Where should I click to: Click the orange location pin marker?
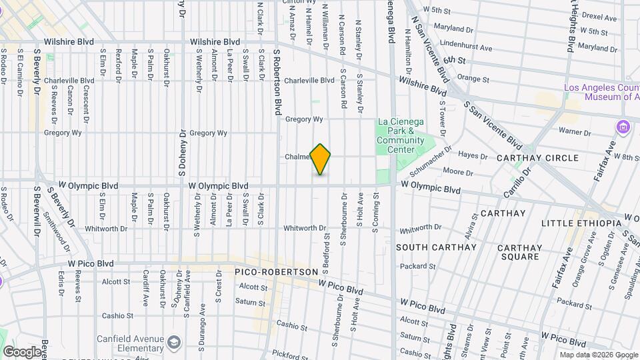pyautogui.click(x=321, y=159)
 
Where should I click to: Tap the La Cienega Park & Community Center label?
pyautogui.click(x=400, y=131)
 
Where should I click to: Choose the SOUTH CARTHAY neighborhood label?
pyautogui.click(x=436, y=247)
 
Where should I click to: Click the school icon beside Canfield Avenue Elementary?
pyautogui.click(x=174, y=341)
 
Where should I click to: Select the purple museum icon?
pyautogui.click(x=623, y=127)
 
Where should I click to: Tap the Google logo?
pyautogui.click(x=21, y=351)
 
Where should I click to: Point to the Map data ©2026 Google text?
pyautogui.click(x=598, y=355)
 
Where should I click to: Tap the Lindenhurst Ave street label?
pyautogui.click(x=467, y=48)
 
